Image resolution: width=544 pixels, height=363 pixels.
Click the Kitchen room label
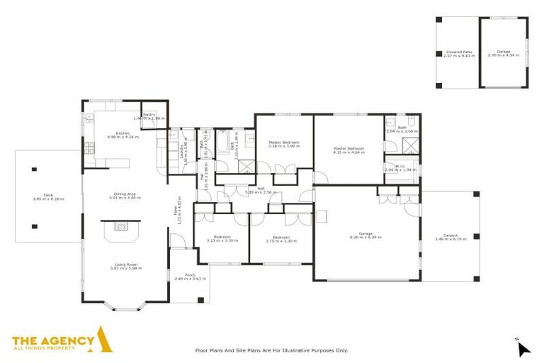[x=123, y=134]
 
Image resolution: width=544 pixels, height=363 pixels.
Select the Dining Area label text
[x=125, y=196]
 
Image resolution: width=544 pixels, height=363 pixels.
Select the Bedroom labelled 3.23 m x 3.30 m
[x=222, y=239]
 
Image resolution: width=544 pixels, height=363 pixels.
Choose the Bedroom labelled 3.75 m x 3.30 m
[x=280, y=239]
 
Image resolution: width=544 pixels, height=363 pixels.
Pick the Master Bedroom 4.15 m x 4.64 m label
[x=348, y=150]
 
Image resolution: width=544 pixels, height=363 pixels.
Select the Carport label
[x=450, y=237]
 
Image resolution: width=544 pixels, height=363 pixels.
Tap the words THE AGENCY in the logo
[x=53, y=340]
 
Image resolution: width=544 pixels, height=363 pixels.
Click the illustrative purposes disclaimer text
[x=272, y=350]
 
